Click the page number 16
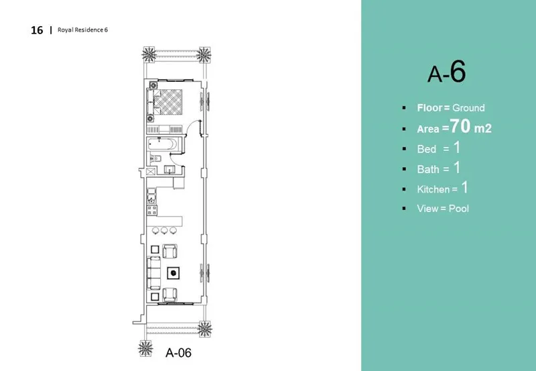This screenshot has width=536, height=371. coord(37,30)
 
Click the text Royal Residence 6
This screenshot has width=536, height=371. coord(83,30)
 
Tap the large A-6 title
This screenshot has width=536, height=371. coord(446,73)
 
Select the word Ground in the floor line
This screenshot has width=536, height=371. coord(468,107)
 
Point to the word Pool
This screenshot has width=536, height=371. coord(458,208)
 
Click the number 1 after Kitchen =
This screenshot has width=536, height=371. coord(462,188)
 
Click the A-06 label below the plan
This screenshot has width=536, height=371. coord(179,351)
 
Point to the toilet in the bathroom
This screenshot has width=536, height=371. coord(153,159)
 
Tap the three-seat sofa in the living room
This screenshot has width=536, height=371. coord(153,272)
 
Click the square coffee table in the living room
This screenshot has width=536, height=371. coord(174,272)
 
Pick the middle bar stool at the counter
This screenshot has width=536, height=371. coord(165,231)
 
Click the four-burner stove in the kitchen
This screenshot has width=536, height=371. coord(152,210)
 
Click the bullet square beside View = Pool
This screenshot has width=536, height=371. coord(404,208)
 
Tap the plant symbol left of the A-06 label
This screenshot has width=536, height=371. coord(143,349)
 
